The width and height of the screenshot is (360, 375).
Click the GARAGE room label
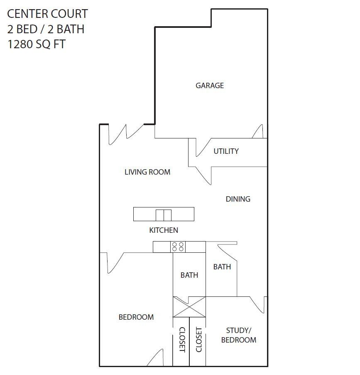210,86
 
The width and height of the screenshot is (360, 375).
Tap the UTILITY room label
226,151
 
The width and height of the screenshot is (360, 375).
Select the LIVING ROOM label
147,172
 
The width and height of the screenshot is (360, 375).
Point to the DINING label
238,199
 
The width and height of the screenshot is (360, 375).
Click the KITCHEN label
164,230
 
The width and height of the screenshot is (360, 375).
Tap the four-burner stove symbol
178,247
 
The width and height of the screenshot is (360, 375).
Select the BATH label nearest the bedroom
189,275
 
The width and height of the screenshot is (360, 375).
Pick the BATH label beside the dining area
222,267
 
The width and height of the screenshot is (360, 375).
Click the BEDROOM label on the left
136,317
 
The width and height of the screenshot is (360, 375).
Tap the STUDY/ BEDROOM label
238,335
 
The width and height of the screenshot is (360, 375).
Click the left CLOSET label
181,340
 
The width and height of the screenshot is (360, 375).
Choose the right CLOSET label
198,340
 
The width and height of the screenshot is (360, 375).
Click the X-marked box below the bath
189,307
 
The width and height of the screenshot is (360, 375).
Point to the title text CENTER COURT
47,14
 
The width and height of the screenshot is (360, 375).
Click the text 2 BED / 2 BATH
46,29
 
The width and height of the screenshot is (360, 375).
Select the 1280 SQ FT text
37,44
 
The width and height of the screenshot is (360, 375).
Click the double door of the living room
125,134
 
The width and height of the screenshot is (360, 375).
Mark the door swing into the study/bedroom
258,304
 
